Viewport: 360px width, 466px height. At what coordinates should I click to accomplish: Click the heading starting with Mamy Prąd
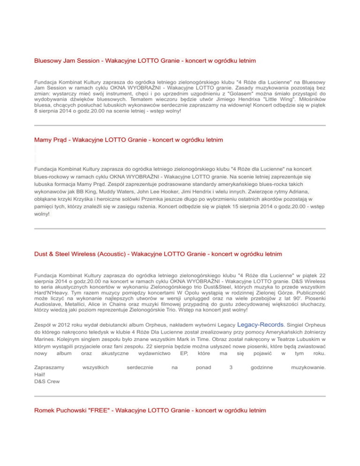[x=128, y=140]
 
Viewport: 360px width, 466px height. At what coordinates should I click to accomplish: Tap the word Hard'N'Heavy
[x=53, y=289]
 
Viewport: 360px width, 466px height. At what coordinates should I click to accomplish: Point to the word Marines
[x=45, y=339]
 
